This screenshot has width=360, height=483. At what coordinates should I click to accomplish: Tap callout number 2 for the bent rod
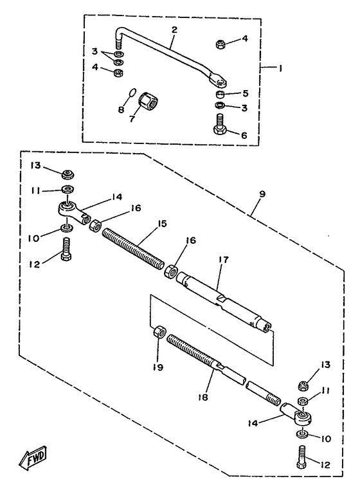[174, 30]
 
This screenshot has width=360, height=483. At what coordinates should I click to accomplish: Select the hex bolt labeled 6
[220, 124]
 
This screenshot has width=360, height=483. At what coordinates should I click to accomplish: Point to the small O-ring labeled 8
[131, 93]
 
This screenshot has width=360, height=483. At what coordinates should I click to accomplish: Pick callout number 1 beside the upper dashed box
[280, 68]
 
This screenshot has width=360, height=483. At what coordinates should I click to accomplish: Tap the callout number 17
[224, 260]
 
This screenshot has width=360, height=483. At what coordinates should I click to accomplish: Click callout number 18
[203, 397]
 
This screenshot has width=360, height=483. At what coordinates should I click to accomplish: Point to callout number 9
[262, 194]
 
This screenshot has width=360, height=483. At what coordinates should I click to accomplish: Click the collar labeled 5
[221, 94]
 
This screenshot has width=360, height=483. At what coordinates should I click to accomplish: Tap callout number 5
[246, 93]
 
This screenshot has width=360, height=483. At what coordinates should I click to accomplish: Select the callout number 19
[158, 367]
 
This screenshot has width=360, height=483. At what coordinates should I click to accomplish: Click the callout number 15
[162, 223]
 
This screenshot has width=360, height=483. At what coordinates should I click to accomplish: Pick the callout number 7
[132, 119]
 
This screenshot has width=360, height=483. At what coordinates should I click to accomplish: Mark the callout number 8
[121, 109]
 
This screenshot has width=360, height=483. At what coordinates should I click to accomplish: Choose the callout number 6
[244, 135]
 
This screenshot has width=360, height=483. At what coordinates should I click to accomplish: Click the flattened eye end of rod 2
[218, 80]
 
